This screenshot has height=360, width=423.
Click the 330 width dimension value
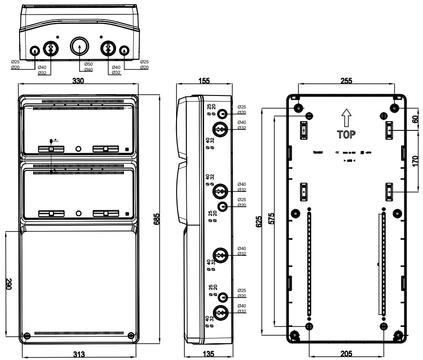78,81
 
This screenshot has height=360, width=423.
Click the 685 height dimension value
157,218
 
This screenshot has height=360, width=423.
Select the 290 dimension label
8,285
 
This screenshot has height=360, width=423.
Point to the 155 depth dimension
204,81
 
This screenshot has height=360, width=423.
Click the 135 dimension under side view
209,354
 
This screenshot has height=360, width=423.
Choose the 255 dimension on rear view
346,81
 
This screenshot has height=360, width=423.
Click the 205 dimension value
346,354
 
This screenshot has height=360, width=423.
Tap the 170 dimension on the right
415,161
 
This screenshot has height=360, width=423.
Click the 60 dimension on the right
415,119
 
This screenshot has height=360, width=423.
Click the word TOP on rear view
347,135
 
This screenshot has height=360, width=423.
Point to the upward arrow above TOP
346,118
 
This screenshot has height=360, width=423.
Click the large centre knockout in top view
79,47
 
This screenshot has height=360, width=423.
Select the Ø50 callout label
88,64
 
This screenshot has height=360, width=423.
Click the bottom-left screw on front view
27,335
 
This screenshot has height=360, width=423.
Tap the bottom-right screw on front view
130,335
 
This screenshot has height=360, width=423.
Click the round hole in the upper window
78,149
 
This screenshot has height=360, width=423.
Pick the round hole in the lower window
78,213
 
